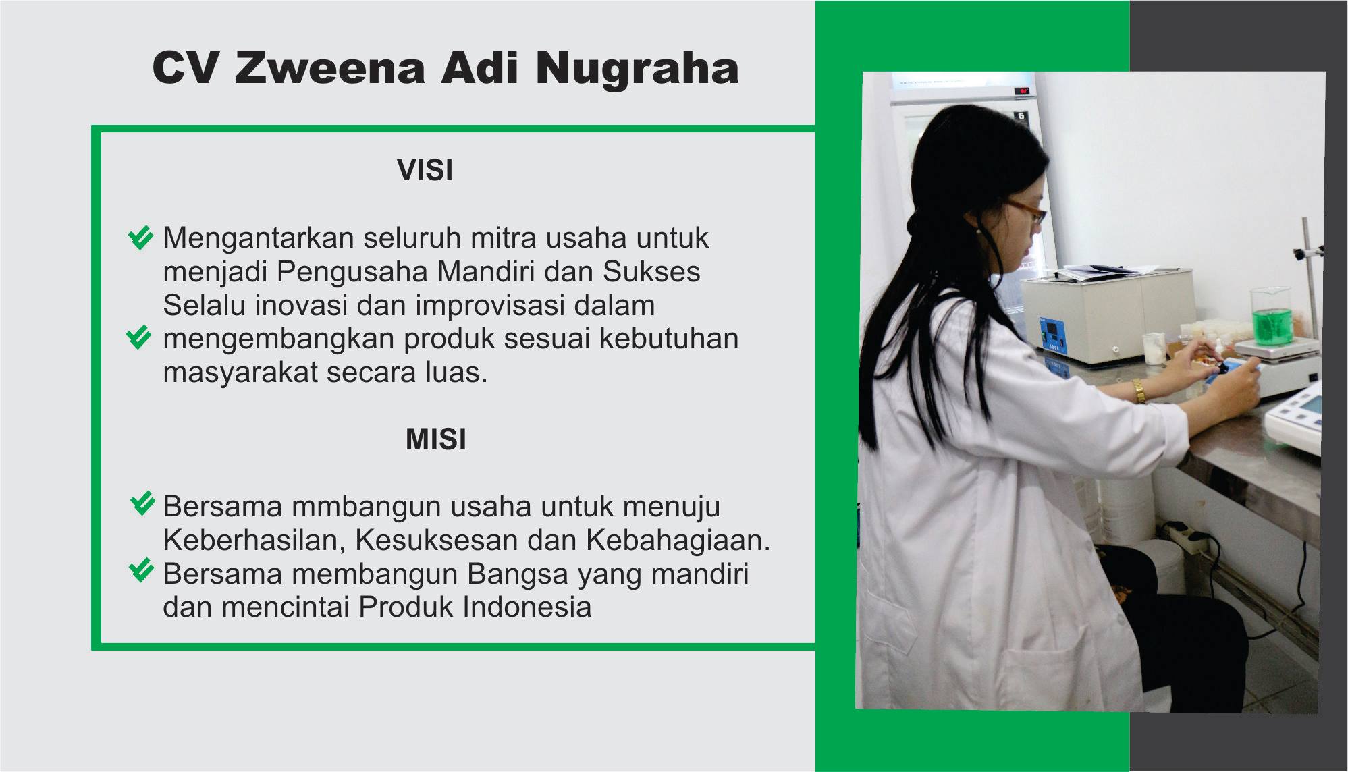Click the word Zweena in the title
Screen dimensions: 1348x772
329,67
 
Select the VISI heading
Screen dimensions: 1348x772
425,170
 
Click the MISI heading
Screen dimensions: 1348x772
435,439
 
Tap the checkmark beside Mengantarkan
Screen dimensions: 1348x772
140,238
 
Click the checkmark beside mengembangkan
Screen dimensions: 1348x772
139,337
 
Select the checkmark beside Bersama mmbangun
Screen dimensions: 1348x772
142,504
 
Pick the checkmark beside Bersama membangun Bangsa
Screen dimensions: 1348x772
141,571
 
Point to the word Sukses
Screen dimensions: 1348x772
651,271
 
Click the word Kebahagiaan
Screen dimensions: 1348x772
678,540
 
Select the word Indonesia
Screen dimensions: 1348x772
527,607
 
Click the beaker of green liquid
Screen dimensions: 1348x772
1272,317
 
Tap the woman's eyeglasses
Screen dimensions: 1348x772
1025,211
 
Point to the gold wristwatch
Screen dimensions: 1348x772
1139,391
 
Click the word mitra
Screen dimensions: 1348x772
503,238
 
